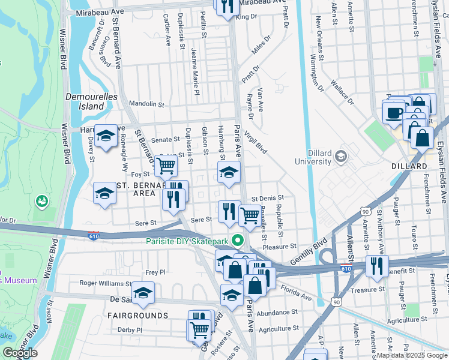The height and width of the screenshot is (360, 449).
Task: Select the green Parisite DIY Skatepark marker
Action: click(238, 242)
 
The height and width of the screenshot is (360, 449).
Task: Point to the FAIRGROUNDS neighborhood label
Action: click(137, 315)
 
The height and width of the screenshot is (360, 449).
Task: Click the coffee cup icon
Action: click(394, 112)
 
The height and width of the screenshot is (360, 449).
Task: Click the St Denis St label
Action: click(267, 197)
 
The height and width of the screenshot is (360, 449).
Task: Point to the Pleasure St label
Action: click(280, 246)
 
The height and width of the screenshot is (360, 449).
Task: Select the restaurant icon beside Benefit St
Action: click(377, 266)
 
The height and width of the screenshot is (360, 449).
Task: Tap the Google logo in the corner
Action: click(20, 353)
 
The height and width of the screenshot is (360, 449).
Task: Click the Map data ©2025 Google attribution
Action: click(412, 355)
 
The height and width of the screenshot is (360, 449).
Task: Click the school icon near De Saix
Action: click(143, 293)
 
